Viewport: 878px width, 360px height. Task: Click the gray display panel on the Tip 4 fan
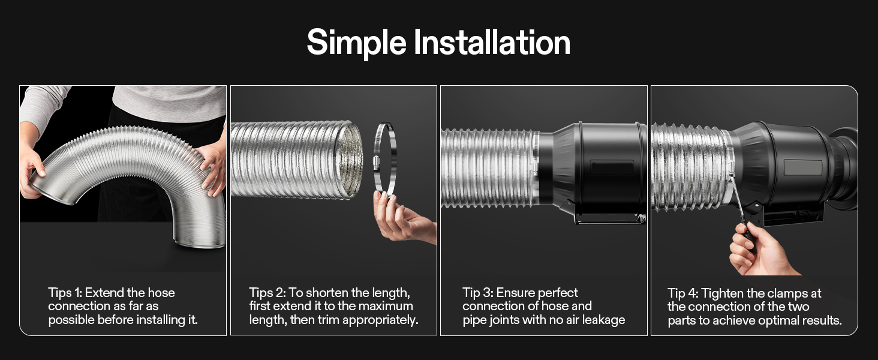tap(802, 168)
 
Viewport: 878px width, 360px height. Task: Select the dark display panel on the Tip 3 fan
tap(612, 167)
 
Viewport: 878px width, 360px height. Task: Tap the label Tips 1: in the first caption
tap(65, 293)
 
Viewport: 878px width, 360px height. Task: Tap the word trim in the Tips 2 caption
tap(329, 320)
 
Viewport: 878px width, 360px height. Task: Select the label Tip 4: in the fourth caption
tap(683, 293)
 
